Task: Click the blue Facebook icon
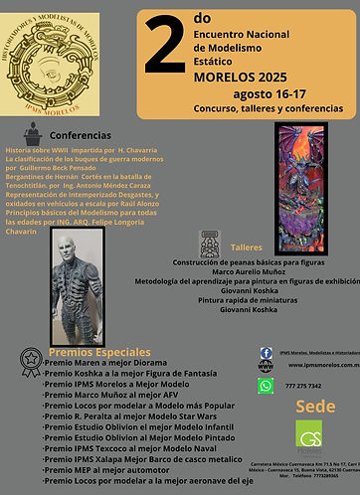tap(266, 353)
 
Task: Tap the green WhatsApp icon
tap(266, 386)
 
